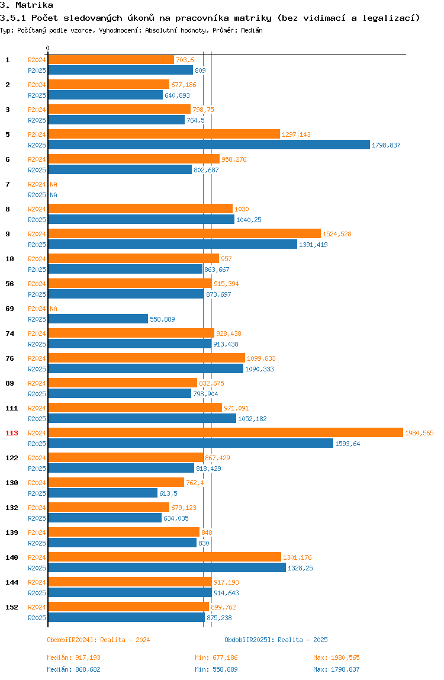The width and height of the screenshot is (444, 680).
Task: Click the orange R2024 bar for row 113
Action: [x=226, y=433]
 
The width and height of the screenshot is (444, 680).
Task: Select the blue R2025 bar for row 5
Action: [x=209, y=145]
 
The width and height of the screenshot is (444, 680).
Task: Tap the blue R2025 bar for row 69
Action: [x=98, y=319]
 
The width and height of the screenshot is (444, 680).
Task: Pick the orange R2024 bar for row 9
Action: [x=184, y=234]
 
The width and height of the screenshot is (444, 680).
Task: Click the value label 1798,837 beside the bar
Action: [x=386, y=145]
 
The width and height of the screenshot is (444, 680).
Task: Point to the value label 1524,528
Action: [x=337, y=234]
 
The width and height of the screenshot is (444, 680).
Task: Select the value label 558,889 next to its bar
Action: [x=162, y=320]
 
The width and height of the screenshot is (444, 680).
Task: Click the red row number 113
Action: [x=12, y=433]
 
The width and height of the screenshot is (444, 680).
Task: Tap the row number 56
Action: [x=9, y=284]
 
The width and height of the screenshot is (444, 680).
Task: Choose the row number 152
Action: [x=12, y=608]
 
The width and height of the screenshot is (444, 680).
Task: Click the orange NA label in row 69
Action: [x=53, y=309]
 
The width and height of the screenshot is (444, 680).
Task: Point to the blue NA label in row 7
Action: [x=53, y=195]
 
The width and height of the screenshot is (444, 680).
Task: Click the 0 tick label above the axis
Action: [x=48, y=48]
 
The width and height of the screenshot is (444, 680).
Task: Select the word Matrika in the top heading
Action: [x=34, y=5]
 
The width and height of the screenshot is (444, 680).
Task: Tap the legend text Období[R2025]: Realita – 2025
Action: [x=276, y=640]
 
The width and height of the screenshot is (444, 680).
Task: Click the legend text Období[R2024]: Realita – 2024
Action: [x=98, y=640]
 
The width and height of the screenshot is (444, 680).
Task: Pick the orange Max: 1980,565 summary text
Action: [x=336, y=658]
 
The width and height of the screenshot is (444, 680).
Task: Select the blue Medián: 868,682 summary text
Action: [x=74, y=669]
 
